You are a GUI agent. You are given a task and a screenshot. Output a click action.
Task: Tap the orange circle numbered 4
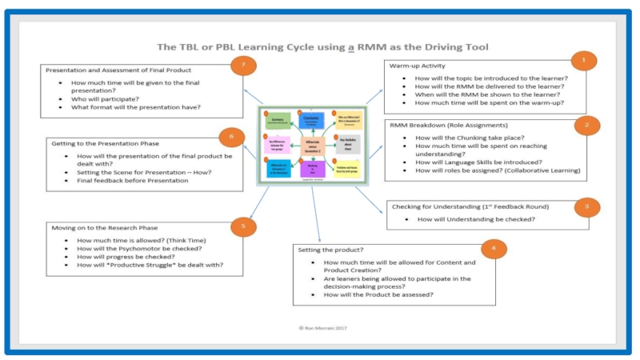494,248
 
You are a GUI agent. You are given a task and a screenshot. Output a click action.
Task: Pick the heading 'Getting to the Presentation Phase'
111,142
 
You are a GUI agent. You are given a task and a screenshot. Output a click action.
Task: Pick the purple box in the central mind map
313,170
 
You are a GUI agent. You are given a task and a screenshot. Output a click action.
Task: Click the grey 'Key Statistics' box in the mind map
346,144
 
